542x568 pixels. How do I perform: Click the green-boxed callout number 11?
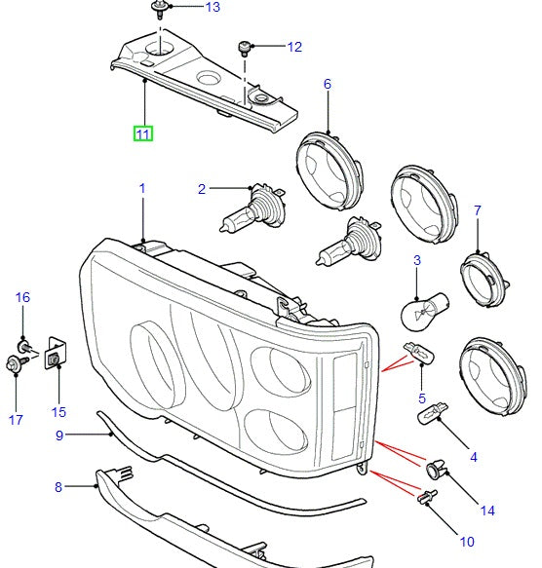[x=143, y=133]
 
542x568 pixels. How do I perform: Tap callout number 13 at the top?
[x=212, y=8]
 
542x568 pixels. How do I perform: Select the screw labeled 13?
[x=156, y=12]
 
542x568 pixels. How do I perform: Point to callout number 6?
[x=328, y=85]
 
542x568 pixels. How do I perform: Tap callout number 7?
[x=478, y=210]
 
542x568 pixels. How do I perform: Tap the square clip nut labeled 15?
[x=55, y=359]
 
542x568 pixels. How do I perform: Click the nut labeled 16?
[x=22, y=345]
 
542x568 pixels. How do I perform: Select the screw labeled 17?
[x=13, y=364]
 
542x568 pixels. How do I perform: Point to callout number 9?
[x=58, y=435]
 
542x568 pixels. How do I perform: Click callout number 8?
[x=58, y=486]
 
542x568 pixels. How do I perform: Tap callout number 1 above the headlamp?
[x=141, y=188]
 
